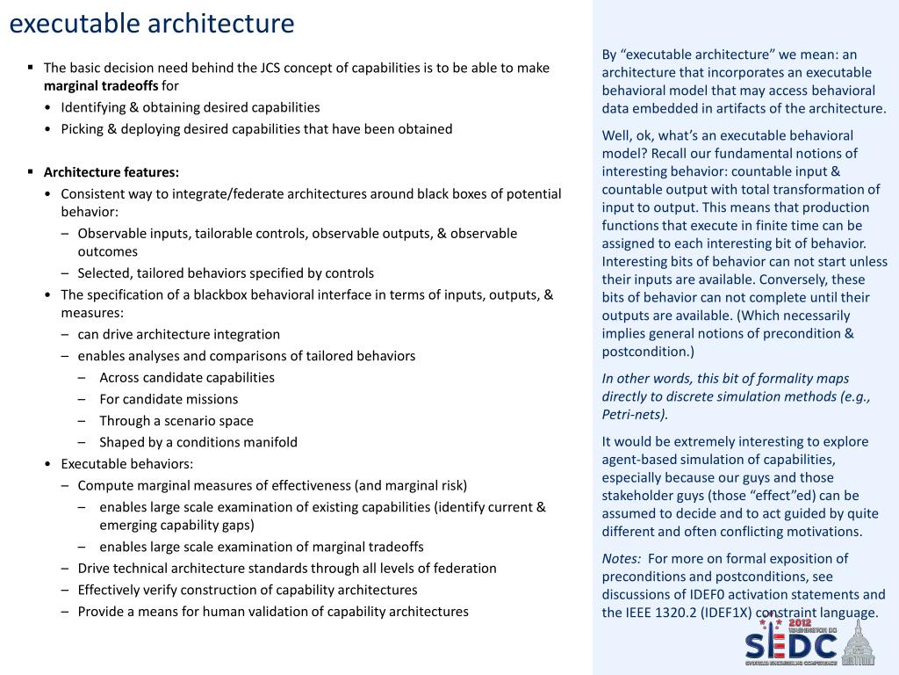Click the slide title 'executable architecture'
(x=151, y=24)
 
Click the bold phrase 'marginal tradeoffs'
(x=101, y=86)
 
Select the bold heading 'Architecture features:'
(x=111, y=172)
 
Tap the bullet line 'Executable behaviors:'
(x=126, y=464)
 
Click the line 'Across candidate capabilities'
(x=186, y=378)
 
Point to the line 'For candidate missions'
(x=169, y=399)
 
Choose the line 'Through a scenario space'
(x=176, y=421)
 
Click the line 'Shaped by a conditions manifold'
(x=198, y=442)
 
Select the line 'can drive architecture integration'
(x=178, y=334)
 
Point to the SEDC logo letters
(x=790, y=646)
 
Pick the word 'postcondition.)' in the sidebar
(x=648, y=352)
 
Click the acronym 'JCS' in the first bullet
(x=272, y=68)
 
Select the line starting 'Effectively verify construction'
(x=247, y=590)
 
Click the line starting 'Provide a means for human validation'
(x=272, y=612)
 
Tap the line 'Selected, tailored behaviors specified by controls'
(x=226, y=273)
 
